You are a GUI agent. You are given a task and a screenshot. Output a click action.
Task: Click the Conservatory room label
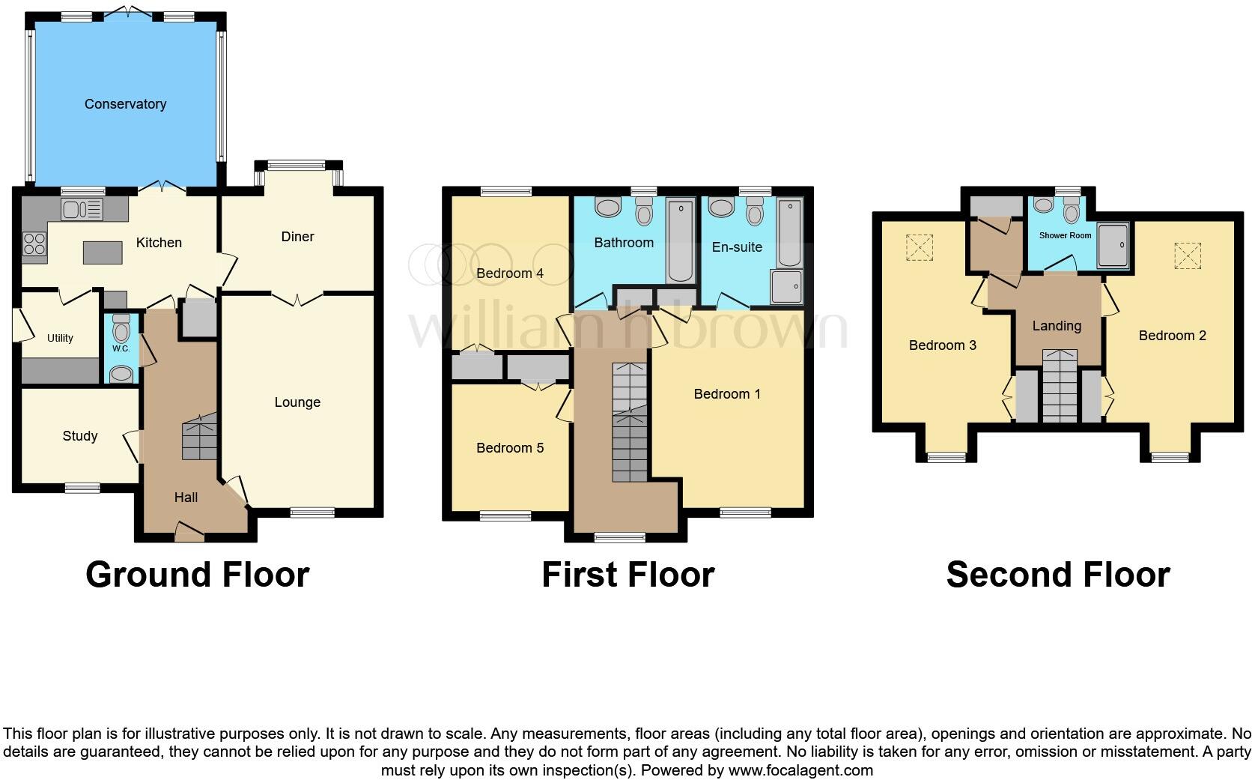(x=125, y=104)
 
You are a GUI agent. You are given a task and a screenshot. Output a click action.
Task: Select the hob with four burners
(x=34, y=244)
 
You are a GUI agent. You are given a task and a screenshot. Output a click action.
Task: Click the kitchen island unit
(x=103, y=253)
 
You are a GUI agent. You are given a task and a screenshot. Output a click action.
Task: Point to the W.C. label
(x=121, y=348)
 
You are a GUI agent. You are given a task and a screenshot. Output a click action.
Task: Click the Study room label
(x=80, y=436)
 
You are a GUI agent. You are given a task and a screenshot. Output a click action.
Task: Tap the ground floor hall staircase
(x=199, y=438)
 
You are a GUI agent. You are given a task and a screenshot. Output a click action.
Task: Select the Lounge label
(x=297, y=402)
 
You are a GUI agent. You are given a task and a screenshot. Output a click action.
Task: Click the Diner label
(x=297, y=237)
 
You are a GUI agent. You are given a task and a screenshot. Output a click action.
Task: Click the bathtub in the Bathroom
(x=681, y=240)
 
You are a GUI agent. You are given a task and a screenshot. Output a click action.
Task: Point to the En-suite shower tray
(x=786, y=288)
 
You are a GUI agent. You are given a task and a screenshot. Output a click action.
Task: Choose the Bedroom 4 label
(x=510, y=273)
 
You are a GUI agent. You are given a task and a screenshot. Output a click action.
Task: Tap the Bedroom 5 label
(x=510, y=448)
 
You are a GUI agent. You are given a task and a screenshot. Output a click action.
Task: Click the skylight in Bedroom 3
(x=920, y=247)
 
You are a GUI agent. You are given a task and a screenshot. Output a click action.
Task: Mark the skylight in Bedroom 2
(x=1187, y=256)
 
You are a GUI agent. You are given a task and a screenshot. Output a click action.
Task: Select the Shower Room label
(x=1065, y=235)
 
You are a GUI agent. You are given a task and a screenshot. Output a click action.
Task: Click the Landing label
(x=1057, y=326)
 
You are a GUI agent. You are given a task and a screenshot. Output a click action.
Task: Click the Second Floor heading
(x=1057, y=575)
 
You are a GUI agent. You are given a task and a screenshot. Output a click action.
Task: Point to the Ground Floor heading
(x=198, y=575)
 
